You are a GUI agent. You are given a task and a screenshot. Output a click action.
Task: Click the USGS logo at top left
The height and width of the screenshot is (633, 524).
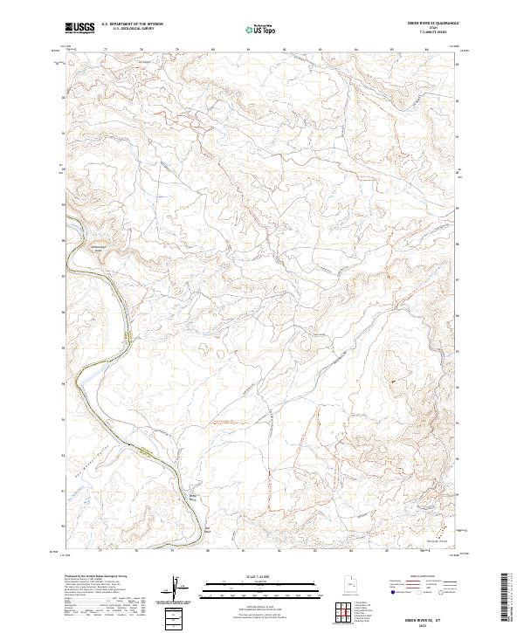(79, 29)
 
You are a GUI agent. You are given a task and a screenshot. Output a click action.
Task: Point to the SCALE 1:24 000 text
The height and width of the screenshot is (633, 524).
(244, 576)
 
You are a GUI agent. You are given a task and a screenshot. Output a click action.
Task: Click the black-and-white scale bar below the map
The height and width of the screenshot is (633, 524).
(244, 584)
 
